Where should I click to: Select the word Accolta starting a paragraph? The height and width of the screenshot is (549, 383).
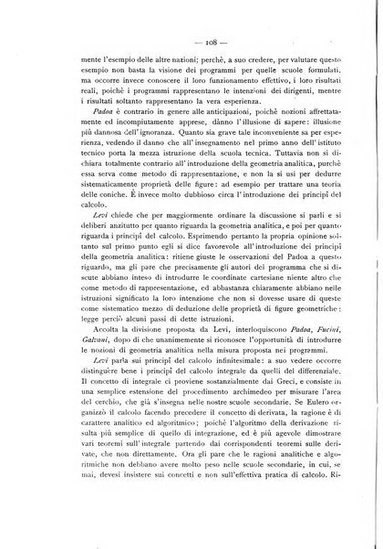point(81,352)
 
